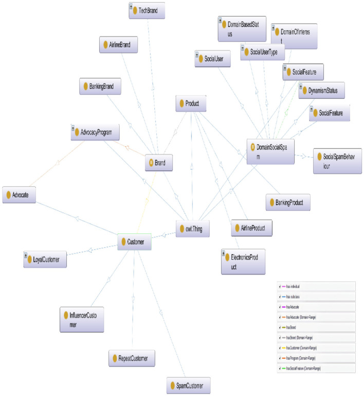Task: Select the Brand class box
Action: [x=159, y=163]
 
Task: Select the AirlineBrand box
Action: [x=119, y=45]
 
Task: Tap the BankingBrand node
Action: [x=100, y=87]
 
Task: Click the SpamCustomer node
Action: [x=189, y=386]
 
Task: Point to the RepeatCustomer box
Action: [x=132, y=357]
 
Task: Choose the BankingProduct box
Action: [x=288, y=202]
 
